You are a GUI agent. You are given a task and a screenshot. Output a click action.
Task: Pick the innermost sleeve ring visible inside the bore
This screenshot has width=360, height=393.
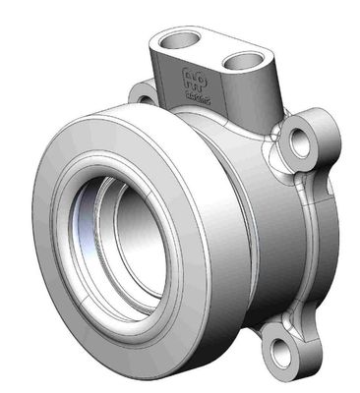click(x=138, y=260)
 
